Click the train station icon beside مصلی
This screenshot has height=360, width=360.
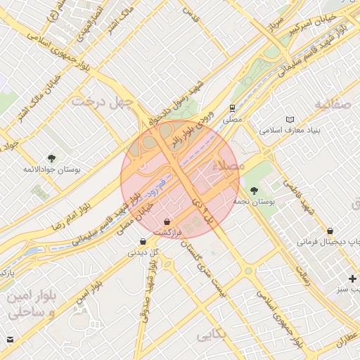[231, 108]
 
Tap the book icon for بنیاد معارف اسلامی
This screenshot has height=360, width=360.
[291, 120]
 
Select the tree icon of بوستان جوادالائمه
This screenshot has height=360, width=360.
[51, 157]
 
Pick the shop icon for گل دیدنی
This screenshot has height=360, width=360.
[143, 242]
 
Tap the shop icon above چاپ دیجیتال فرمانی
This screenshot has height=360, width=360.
[330, 231]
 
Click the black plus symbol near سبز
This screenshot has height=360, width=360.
[352, 278]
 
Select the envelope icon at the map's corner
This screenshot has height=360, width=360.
[10, 340]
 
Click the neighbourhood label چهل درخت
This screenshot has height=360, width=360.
[102, 101]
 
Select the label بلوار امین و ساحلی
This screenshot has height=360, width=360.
[31, 304]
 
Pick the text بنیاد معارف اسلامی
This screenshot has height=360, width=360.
[290, 131]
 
